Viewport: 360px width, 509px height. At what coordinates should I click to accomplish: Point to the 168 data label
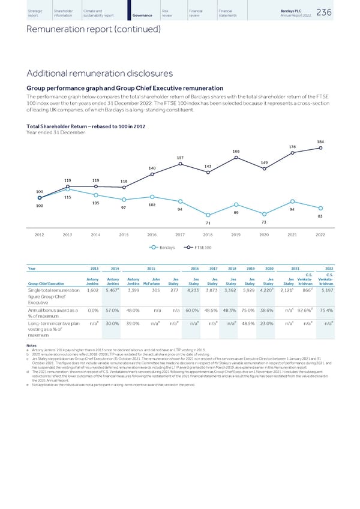[236, 151]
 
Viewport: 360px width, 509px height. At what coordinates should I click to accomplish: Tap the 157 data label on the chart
[181, 158]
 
